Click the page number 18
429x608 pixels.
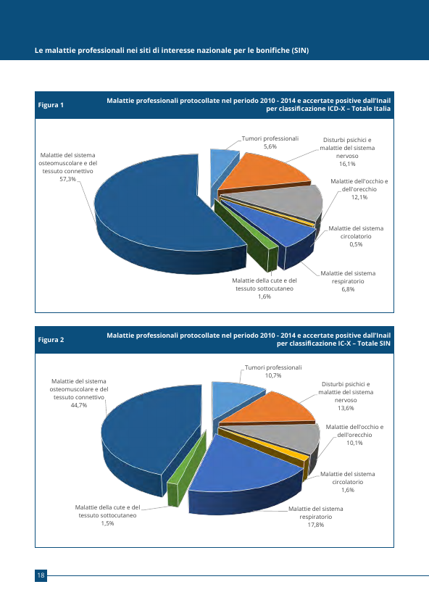[x=41, y=575]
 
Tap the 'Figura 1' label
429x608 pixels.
[x=51, y=104]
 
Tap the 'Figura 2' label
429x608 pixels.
[x=51, y=340]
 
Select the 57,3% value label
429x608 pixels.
[x=67, y=179]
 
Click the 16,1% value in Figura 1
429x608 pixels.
[x=347, y=164]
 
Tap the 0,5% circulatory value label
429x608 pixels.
[x=356, y=244]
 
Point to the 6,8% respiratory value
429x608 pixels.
[x=348, y=289]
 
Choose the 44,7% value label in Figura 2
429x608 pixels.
[x=79, y=405]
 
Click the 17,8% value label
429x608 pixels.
[x=316, y=525]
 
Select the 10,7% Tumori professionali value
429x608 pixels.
[x=273, y=375]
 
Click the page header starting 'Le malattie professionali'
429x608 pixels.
[x=172, y=51]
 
